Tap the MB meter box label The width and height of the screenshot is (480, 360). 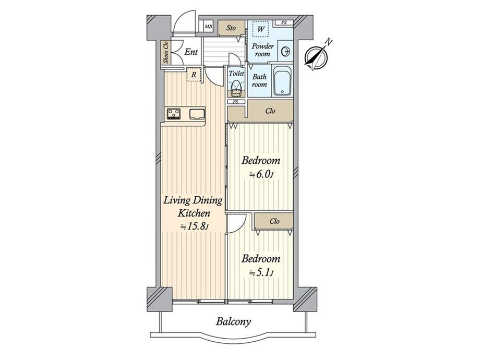pyautogui.click(x=209, y=27)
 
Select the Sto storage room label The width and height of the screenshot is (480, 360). pyautogui.click(x=231, y=28)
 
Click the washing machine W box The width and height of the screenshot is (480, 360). pyautogui.click(x=260, y=29)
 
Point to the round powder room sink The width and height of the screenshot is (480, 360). pyautogui.click(x=286, y=52)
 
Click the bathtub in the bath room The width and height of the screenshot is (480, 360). pyautogui.click(x=283, y=80)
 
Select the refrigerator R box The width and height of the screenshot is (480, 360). pyautogui.click(x=194, y=75)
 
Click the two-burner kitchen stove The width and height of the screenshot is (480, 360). pyautogui.click(x=174, y=114)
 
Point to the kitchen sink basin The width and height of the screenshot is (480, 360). pyautogui.click(x=197, y=114)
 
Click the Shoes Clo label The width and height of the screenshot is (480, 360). pyautogui.click(x=166, y=52)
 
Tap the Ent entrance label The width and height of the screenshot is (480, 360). pyautogui.click(x=191, y=52)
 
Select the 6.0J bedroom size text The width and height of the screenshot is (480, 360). pyautogui.click(x=261, y=175)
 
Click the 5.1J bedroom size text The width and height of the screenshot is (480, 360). pyautogui.click(x=261, y=273)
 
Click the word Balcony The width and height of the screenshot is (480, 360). pyautogui.click(x=234, y=322)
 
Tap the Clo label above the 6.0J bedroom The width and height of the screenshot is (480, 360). pyautogui.click(x=270, y=111)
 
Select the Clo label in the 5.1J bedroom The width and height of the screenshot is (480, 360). pyautogui.click(x=274, y=221)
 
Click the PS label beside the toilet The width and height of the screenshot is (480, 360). pyautogui.click(x=236, y=102)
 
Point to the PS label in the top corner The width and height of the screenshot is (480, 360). pyautogui.click(x=284, y=22)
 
